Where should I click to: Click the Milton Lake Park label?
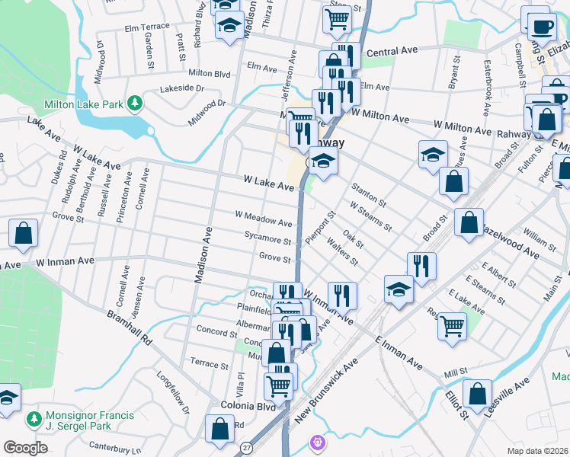pyautogui.click(x=83, y=104)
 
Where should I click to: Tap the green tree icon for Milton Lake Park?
pyautogui.click(x=135, y=103)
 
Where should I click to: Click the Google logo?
pyautogui.click(x=25, y=447)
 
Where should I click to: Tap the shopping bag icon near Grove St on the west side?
pyautogui.click(x=23, y=235)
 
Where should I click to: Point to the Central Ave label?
pyautogui.click(x=392, y=51)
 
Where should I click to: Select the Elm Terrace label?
pyautogui.click(x=147, y=27)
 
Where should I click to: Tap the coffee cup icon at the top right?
pyautogui.click(x=542, y=27)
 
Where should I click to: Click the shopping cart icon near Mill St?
pyautogui.click(x=452, y=325)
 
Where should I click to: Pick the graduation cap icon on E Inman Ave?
pyautogui.click(x=397, y=289)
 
